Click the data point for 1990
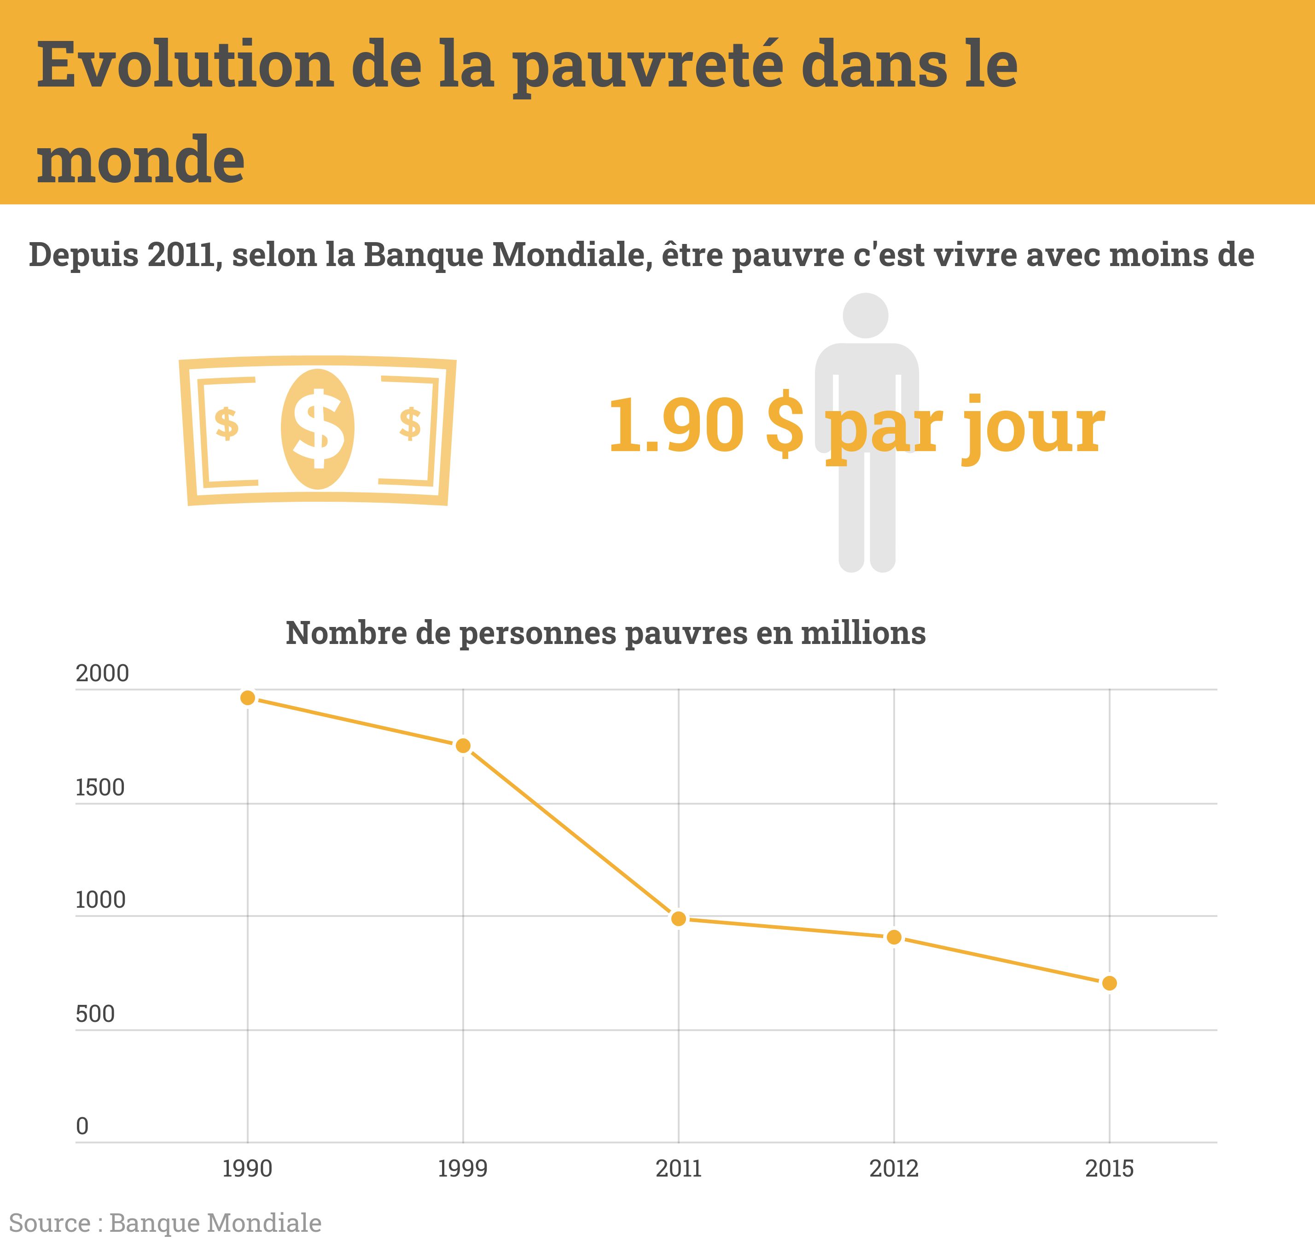[x=248, y=698]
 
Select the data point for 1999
[x=463, y=746]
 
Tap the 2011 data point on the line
[x=678, y=918]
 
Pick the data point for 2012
[x=894, y=937]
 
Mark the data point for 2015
[x=1110, y=983]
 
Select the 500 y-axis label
[x=95, y=1014]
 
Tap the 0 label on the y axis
[x=82, y=1126]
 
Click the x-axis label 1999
[x=463, y=1169]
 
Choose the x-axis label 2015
[x=1109, y=1169]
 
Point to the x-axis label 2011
[x=678, y=1169]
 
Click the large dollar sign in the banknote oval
[x=318, y=428]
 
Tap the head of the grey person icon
[x=865, y=315]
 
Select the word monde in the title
[x=141, y=160]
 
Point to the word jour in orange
[x=1032, y=427]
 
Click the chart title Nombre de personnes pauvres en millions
[x=605, y=632]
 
